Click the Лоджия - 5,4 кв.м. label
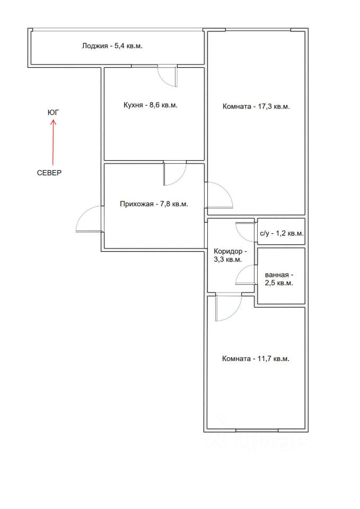coord(112,46)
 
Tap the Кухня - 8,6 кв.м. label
coord(151,105)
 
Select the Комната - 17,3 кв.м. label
coord(256,107)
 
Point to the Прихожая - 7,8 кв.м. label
coord(154,204)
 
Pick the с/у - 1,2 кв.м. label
coord(282,233)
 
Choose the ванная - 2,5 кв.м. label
coord(279,279)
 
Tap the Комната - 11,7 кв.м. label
coord(256,359)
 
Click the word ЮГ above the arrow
coord(54,112)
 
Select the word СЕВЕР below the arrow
coord(49,173)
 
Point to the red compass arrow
coord(53,142)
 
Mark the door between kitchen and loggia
coord(168,76)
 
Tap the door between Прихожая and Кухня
coord(175,173)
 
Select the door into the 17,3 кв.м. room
coord(219,195)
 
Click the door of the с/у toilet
coord(245,232)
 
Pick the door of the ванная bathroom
coord(245,274)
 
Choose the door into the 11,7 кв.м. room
coord(229,307)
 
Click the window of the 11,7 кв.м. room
coord(257,431)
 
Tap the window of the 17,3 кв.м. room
coord(258,30)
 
